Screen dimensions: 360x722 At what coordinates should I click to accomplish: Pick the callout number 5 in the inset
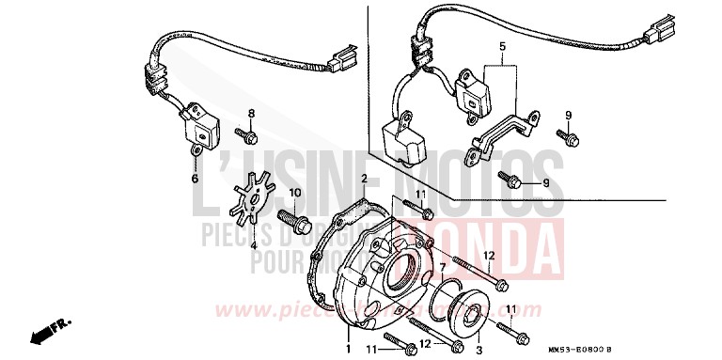click(501, 46)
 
